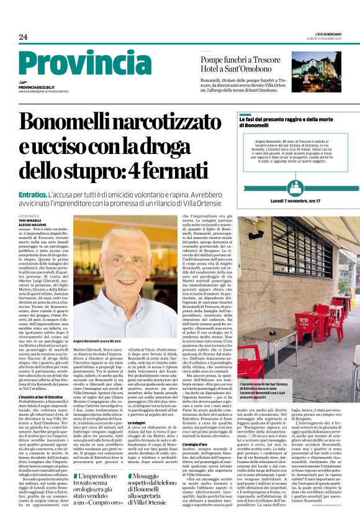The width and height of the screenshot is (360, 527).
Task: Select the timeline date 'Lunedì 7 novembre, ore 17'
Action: pos(295,201)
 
